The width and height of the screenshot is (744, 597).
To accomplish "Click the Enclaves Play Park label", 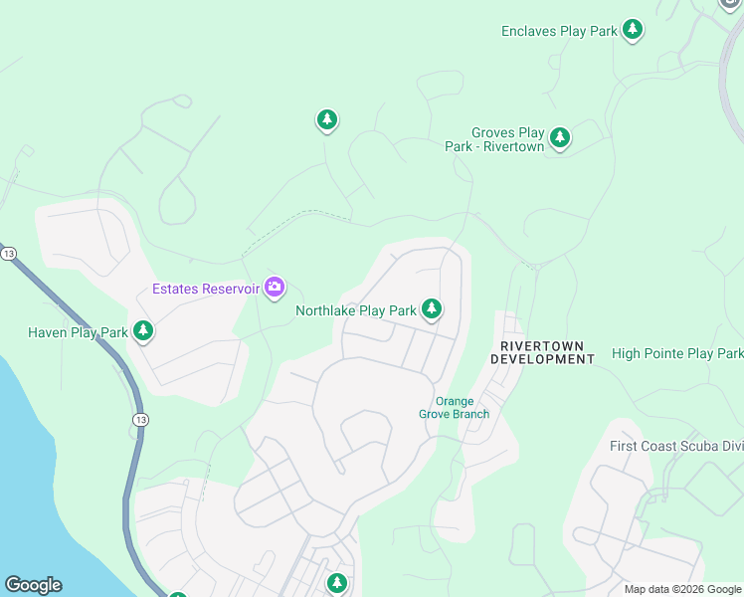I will [559, 31].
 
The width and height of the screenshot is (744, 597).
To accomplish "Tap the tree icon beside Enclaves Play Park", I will [633, 30].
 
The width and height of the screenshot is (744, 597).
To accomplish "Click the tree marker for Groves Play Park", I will [560, 137].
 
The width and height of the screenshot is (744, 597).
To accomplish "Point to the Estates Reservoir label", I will [206, 290].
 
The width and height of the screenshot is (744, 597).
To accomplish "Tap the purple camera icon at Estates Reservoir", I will [275, 289].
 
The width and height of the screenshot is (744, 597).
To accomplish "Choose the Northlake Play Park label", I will [355, 310].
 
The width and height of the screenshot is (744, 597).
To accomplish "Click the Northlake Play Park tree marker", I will [431, 309].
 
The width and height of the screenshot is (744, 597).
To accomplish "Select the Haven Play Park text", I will [78, 332].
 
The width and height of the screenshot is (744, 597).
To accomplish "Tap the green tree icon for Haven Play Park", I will [143, 330].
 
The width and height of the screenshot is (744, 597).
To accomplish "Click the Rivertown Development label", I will [542, 352].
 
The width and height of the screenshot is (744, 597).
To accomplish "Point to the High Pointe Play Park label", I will [676, 353].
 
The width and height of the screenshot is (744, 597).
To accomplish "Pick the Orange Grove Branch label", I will [455, 407].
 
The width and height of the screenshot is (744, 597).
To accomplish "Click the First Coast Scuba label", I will [675, 446].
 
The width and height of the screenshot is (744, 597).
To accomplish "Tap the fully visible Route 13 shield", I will [138, 421].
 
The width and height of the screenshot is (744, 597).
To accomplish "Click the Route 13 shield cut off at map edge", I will [7, 254].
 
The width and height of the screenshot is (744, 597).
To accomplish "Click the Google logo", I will [33, 585].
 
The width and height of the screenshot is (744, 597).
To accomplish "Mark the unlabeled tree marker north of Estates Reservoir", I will [326, 120].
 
